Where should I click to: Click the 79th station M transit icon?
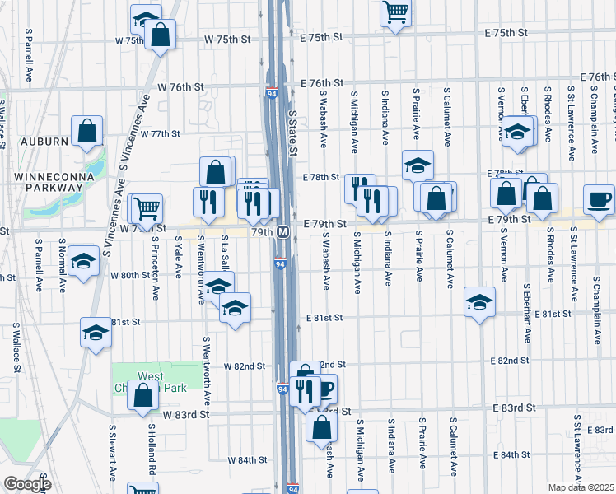pyautogui.click(x=282, y=231)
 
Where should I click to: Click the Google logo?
pyautogui.click(x=26, y=484)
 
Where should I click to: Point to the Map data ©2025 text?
pyautogui.click(x=581, y=487)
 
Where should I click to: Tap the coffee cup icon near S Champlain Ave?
pyautogui.click(x=599, y=198)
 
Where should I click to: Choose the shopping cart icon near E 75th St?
pyautogui.click(x=396, y=12)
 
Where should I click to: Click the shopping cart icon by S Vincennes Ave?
pyautogui.click(x=147, y=209)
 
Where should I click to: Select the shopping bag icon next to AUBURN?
pyautogui.click(x=86, y=130)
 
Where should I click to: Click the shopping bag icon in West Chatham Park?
pyautogui.click(x=142, y=395)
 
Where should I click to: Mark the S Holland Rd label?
pyautogui.click(x=152, y=450)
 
